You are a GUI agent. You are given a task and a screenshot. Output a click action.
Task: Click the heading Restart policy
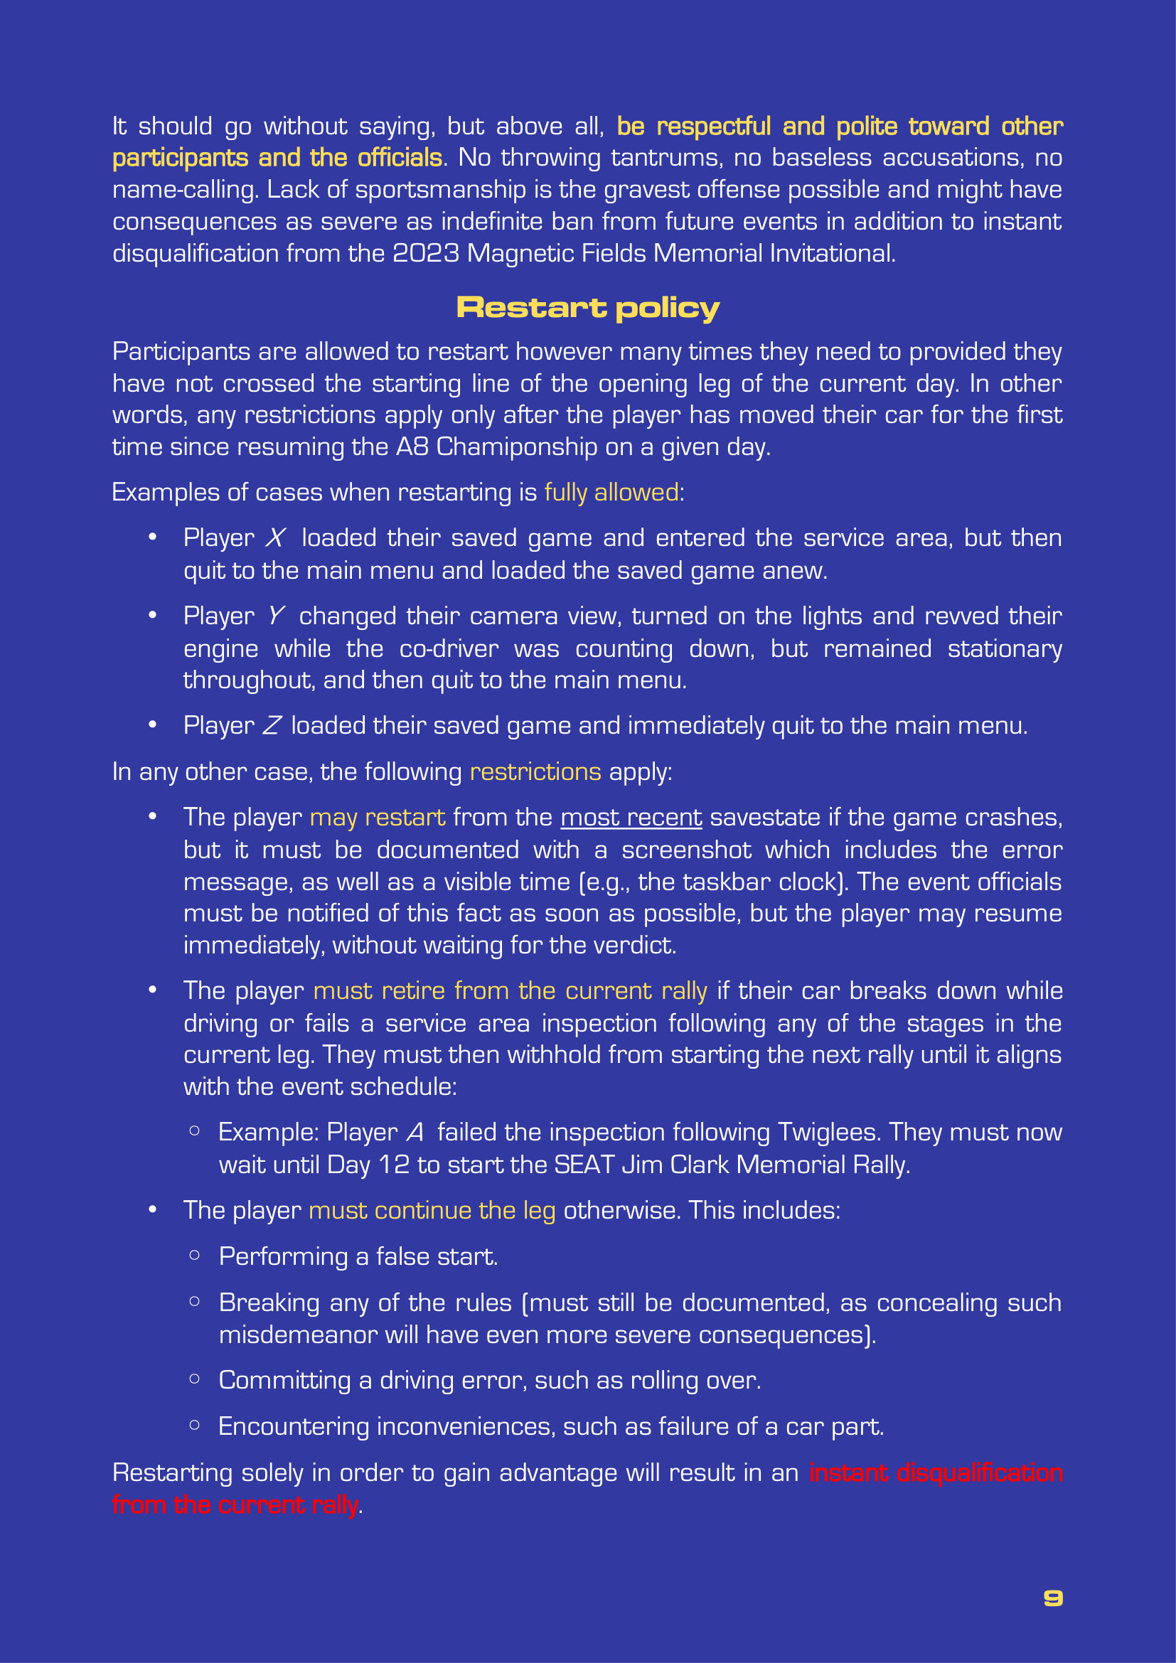tap(587, 308)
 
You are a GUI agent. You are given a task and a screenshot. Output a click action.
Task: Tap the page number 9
tap(1053, 1598)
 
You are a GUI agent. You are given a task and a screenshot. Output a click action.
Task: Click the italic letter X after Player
tap(275, 538)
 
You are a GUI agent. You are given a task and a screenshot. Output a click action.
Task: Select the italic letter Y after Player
tap(275, 616)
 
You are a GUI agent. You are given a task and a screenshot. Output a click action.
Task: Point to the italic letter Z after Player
tap(272, 726)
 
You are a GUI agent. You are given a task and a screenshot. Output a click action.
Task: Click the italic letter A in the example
tap(415, 1132)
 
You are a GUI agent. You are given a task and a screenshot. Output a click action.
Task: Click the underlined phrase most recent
tap(631, 818)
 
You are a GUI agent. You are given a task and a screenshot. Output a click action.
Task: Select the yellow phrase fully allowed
tap(611, 493)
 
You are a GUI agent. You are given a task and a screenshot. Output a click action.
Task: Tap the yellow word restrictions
tap(535, 772)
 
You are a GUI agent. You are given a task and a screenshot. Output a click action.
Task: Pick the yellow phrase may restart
tap(378, 818)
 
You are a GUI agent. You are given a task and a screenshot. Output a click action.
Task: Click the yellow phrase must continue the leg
tap(432, 1210)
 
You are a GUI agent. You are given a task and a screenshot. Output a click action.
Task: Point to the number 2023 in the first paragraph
tap(425, 254)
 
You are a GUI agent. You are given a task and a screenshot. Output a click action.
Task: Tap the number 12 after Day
tap(394, 1165)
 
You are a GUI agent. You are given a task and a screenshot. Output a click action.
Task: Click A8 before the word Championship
tap(412, 447)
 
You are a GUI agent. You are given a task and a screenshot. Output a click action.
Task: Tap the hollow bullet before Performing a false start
tap(194, 1255)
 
